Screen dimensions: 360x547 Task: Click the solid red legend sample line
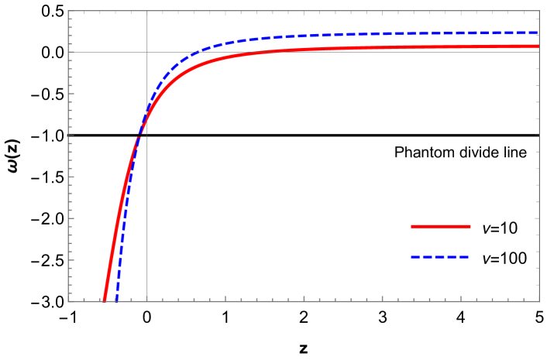pos(440,226)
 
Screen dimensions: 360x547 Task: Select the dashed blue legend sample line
pos(439,256)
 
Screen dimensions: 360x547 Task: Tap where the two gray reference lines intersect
pos(147,52)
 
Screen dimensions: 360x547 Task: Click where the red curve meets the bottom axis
pos(104,300)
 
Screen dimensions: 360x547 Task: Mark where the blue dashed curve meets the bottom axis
pos(116,300)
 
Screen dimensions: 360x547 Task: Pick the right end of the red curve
pos(538,46)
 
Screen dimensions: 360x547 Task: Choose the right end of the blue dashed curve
pos(538,33)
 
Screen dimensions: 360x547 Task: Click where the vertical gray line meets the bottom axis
pos(147,301)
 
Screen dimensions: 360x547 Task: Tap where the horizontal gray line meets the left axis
pos(69,52)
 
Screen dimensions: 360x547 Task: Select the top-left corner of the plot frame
pos(69,11)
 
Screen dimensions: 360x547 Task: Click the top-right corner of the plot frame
pos(538,11)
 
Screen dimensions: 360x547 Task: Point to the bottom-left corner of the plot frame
pos(69,301)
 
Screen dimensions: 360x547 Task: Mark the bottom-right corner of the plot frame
pos(538,301)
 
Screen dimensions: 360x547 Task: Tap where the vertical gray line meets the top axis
pos(147,11)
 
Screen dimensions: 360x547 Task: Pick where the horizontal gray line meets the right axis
pos(538,52)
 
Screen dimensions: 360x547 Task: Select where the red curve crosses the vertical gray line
pos(147,114)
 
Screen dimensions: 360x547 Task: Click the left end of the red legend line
pos(412,226)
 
